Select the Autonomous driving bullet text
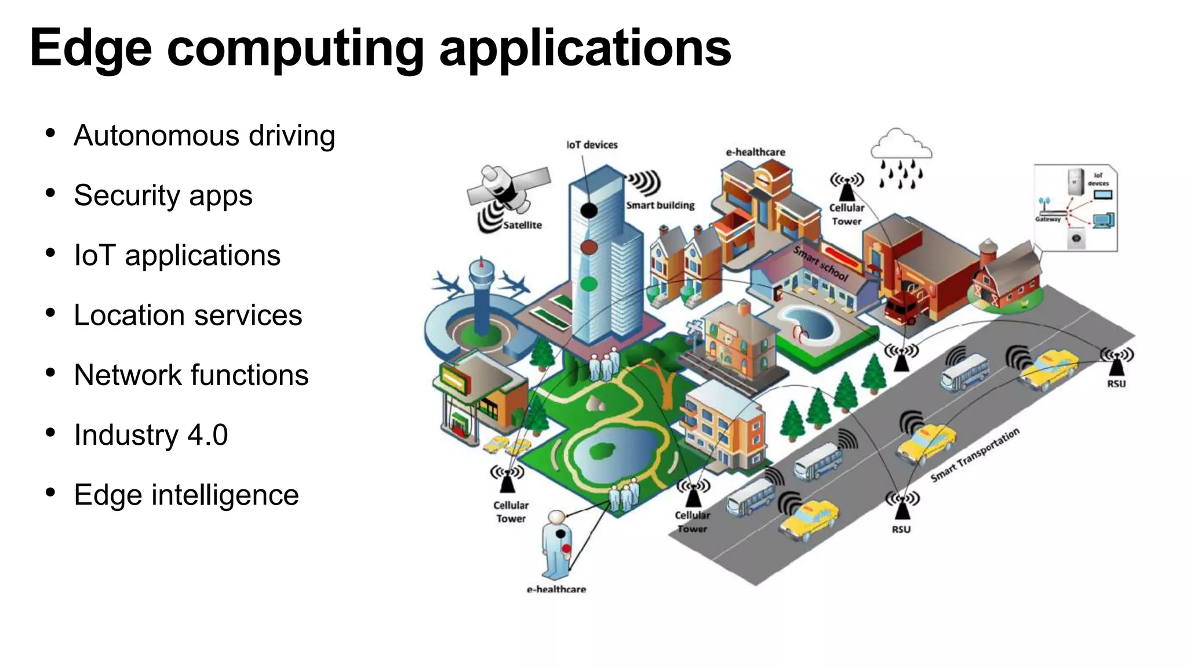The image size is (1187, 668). click(x=204, y=136)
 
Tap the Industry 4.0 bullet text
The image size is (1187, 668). click(x=151, y=435)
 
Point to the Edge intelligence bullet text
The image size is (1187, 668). click(x=186, y=495)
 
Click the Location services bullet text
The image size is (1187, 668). click(x=188, y=315)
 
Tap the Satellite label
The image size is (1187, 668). click(x=522, y=225)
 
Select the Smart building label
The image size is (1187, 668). click(x=660, y=205)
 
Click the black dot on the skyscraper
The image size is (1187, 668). click(x=589, y=210)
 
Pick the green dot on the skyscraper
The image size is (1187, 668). click(x=589, y=284)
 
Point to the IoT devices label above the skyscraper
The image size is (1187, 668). click(x=592, y=145)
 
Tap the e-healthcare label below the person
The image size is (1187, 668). click(x=556, y=589)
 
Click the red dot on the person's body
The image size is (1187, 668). click(x=566, y=549)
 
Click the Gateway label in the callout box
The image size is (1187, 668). click(x=1047, y=219)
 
